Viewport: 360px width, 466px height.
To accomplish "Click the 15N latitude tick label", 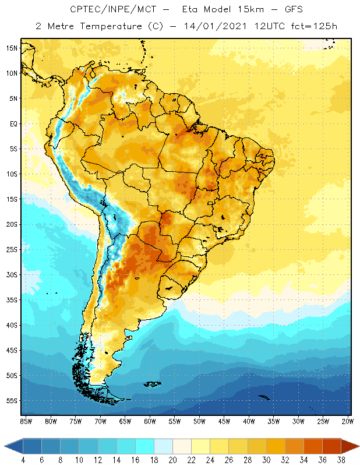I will [12, 48].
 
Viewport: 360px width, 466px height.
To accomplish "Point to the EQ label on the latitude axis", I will [13, 123].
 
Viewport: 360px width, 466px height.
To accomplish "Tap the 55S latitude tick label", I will [12, 401].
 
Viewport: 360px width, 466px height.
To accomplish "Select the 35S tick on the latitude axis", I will [12, 300].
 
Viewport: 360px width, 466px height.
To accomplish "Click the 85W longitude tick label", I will [26, 421].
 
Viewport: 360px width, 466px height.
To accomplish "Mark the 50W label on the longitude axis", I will [199, 421].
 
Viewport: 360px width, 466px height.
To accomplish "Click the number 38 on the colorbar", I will [341, 459].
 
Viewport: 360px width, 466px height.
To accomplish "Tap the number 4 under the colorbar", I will [23, 459].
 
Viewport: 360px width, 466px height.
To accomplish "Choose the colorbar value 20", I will [172, 459].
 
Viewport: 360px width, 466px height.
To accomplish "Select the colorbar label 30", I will [266, 459].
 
